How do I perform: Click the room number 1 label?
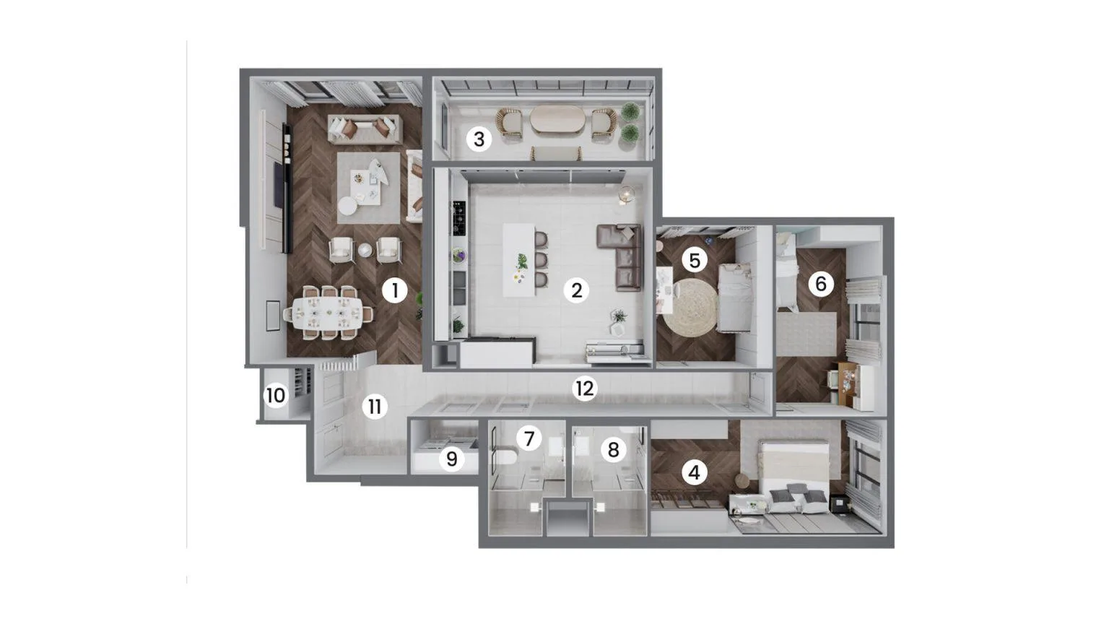395,291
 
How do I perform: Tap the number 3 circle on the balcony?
479,139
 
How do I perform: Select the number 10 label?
276,396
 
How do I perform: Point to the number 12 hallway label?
585,389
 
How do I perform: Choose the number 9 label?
451,459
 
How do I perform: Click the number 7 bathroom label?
529,439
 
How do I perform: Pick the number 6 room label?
820,285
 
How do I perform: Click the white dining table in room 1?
327,313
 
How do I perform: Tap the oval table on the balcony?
557,118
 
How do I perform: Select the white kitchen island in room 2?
519,260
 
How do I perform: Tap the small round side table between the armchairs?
365,250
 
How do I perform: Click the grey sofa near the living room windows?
365,129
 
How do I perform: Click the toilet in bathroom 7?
505,458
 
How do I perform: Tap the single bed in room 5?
735,297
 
